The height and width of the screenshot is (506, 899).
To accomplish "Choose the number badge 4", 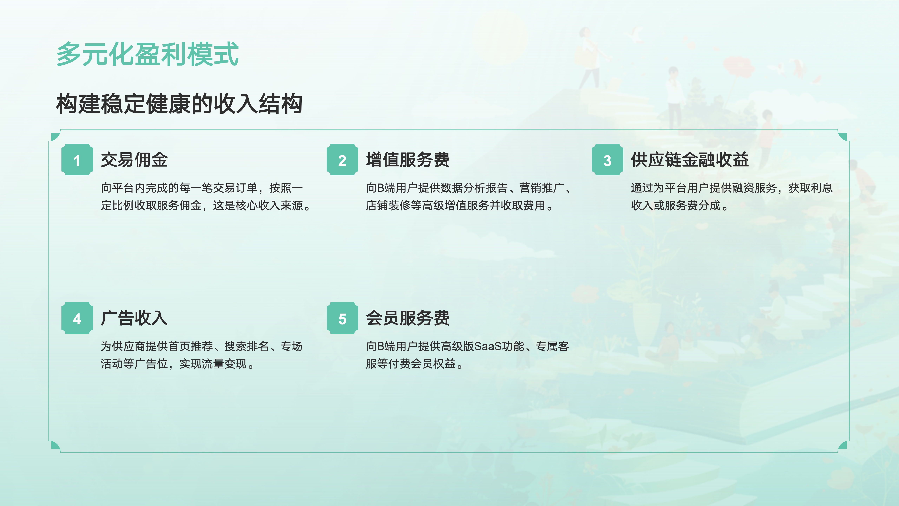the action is (77, 318).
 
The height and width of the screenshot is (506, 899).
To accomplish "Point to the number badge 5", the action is (342, 318).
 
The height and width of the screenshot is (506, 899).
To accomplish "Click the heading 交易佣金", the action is (134, 160).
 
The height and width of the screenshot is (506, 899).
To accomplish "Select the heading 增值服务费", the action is (408, 160).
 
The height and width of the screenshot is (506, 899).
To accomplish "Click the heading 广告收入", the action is (134, 318).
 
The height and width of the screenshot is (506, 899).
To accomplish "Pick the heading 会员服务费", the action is (408, 318).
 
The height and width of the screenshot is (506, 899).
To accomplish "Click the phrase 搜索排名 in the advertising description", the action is (246, 346).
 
